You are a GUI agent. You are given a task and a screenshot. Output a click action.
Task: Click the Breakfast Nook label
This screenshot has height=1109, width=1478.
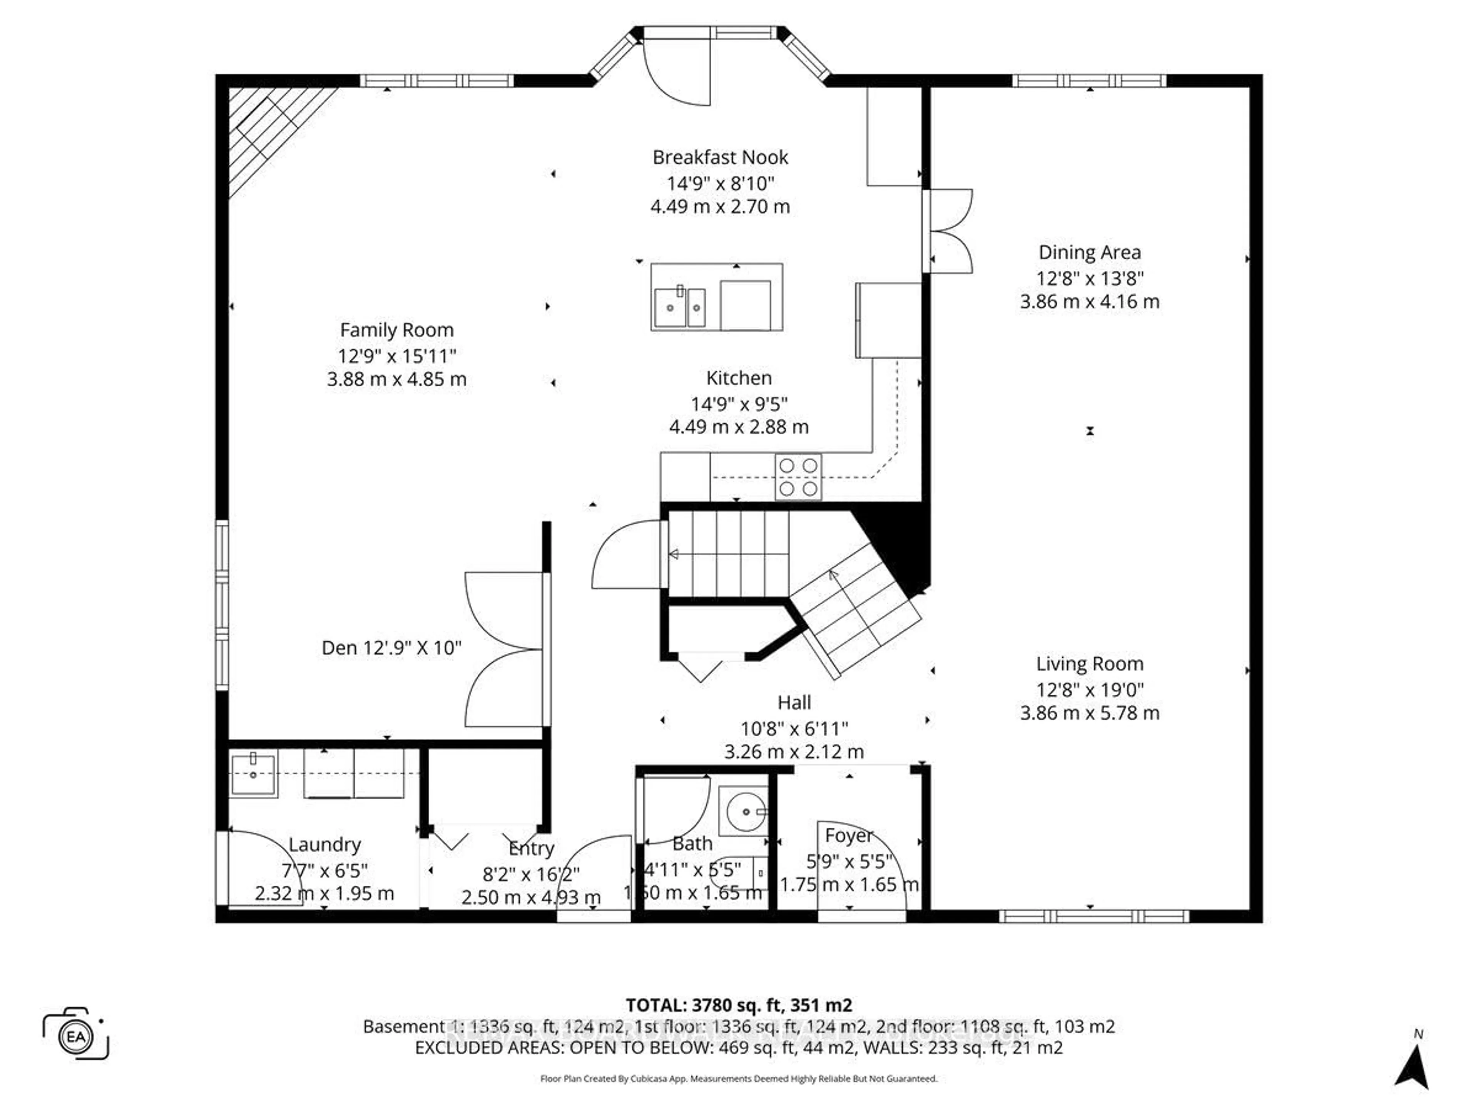tap(720, 158)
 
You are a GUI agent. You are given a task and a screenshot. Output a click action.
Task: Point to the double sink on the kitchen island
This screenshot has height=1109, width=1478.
tap(679, 308)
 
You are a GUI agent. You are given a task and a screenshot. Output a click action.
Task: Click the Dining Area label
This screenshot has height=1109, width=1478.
tap(1089, 253)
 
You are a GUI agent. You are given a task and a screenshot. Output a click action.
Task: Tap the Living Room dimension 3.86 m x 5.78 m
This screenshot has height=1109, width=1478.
tap(1089, 713)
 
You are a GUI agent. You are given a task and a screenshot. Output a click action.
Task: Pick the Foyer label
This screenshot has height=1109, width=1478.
tap(849, 836)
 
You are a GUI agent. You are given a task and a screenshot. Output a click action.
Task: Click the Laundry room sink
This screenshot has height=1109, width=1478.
tap(253, 775)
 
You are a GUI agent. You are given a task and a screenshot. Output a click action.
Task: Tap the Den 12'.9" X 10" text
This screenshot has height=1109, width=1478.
tap(391, 648)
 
